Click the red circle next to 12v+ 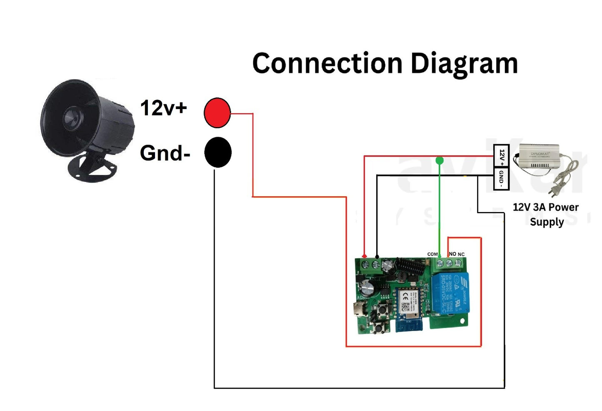click(217, 113)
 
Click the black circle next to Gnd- click(217, 152)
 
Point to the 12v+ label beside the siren click(163, 108)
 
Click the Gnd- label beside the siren click(165, 153)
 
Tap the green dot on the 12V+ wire click(440, 160)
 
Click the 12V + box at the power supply click(501, 156)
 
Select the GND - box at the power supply click(501, 179)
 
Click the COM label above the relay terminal click(432, 254)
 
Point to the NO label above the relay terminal click(452, 254)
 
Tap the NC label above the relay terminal click(461, 254)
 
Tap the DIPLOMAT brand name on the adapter click(540, 154)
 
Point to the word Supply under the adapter click(547, 222)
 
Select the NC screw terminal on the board click(459, 263)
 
